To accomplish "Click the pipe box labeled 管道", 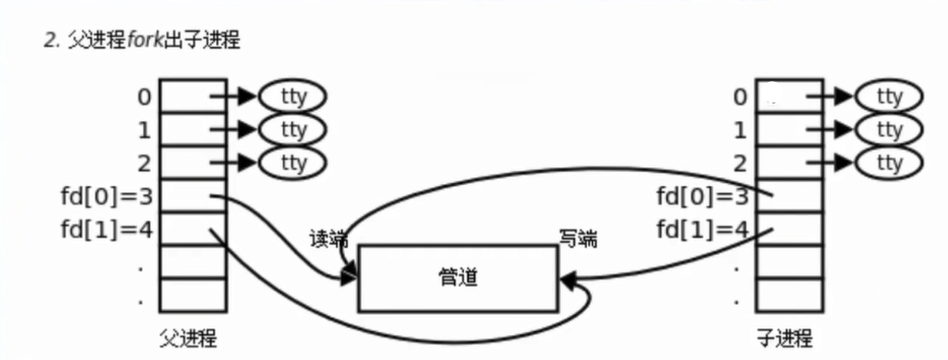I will (458, 277).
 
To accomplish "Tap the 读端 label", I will (327, 239).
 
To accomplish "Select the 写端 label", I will (577, 239).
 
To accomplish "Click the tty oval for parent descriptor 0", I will (293, 95).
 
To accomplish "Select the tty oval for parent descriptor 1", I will (293, 128).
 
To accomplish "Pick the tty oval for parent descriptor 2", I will (293, 162).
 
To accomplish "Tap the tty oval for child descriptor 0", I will (889, 95).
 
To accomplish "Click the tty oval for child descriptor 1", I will (889, 128).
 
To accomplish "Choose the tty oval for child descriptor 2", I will (889, 162).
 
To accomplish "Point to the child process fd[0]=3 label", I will (702, 195).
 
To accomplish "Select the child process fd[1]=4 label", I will (702, 229).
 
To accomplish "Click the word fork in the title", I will (150, 42).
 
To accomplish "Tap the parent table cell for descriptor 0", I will (193, 95).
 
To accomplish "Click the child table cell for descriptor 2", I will (789, 162).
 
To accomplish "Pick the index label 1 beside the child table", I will (741, 128).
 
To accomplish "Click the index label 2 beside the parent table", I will (142, 162).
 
